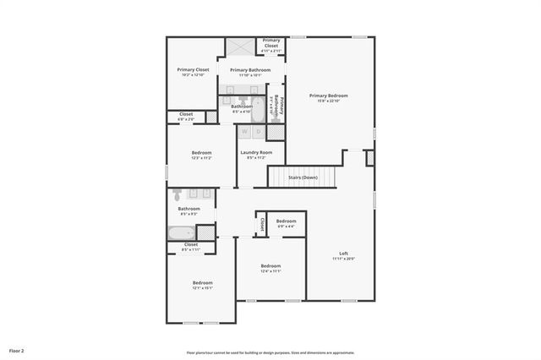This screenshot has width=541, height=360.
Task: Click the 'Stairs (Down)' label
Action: click(x=303, y=177)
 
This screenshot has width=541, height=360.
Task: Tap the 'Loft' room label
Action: click(x=343, y=254)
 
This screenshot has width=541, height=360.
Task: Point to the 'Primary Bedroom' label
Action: click(x=328, y=95)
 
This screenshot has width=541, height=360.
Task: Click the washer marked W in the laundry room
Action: click(x=244, y=132)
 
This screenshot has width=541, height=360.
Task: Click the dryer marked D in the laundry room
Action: click(x=258, y=132)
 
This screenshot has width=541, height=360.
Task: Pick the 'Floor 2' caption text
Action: click(x=17, y=350)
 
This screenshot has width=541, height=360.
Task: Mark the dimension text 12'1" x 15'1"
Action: click(x=202, y=288)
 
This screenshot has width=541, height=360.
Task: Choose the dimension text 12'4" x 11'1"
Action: click(x=270, y=271)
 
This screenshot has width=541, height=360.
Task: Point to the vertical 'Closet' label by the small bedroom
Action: click(x=262, y=224)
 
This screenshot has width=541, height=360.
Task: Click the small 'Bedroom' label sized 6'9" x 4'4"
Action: click(x=286, y=221)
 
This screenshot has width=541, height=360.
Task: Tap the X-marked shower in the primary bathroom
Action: click(x=239, y=46)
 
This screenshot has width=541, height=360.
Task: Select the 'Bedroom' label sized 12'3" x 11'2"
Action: click(x=201, y=153)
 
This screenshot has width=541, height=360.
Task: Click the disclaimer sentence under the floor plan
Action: click(x=270, y=352)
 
